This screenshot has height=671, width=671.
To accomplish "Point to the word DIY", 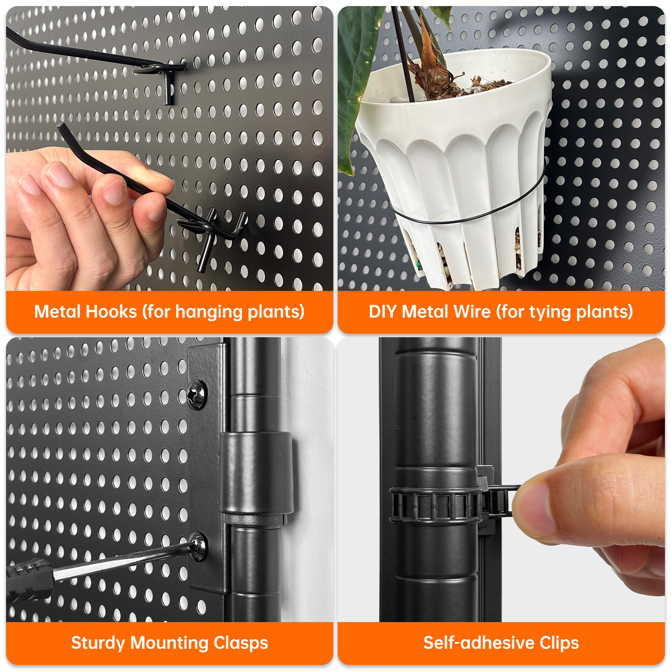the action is (x=383, y=312).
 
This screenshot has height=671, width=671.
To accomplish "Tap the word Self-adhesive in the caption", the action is (x=479, y=643).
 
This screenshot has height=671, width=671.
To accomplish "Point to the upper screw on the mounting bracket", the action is (x=197, y=394).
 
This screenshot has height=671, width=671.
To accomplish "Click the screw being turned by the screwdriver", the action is (x=198, y=546).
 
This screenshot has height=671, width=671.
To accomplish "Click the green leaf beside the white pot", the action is (x=353, y=87).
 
